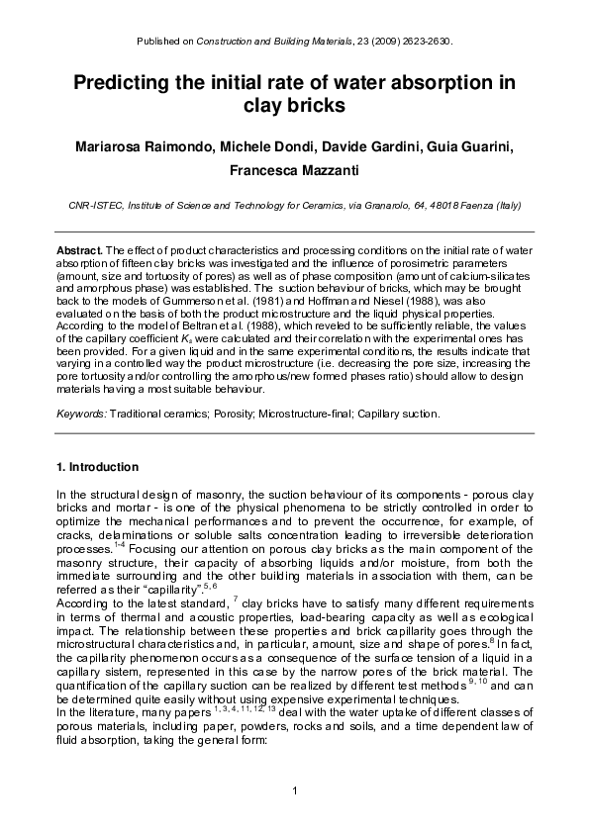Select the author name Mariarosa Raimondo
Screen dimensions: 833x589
click(143, 147)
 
